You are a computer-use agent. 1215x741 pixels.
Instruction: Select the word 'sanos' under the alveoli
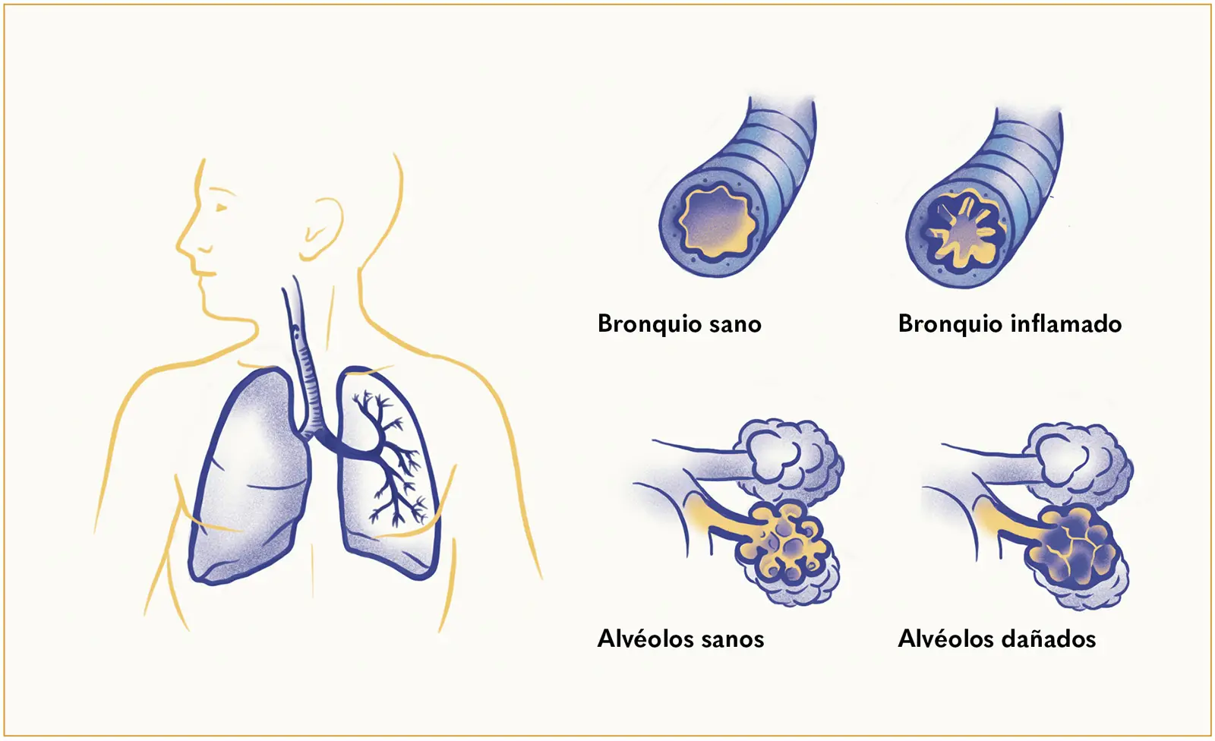click(x=732, y=639)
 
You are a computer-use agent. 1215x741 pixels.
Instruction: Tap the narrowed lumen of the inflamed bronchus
click(x=961, y=229)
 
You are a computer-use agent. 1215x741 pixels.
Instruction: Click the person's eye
click(x=219, y=207)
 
